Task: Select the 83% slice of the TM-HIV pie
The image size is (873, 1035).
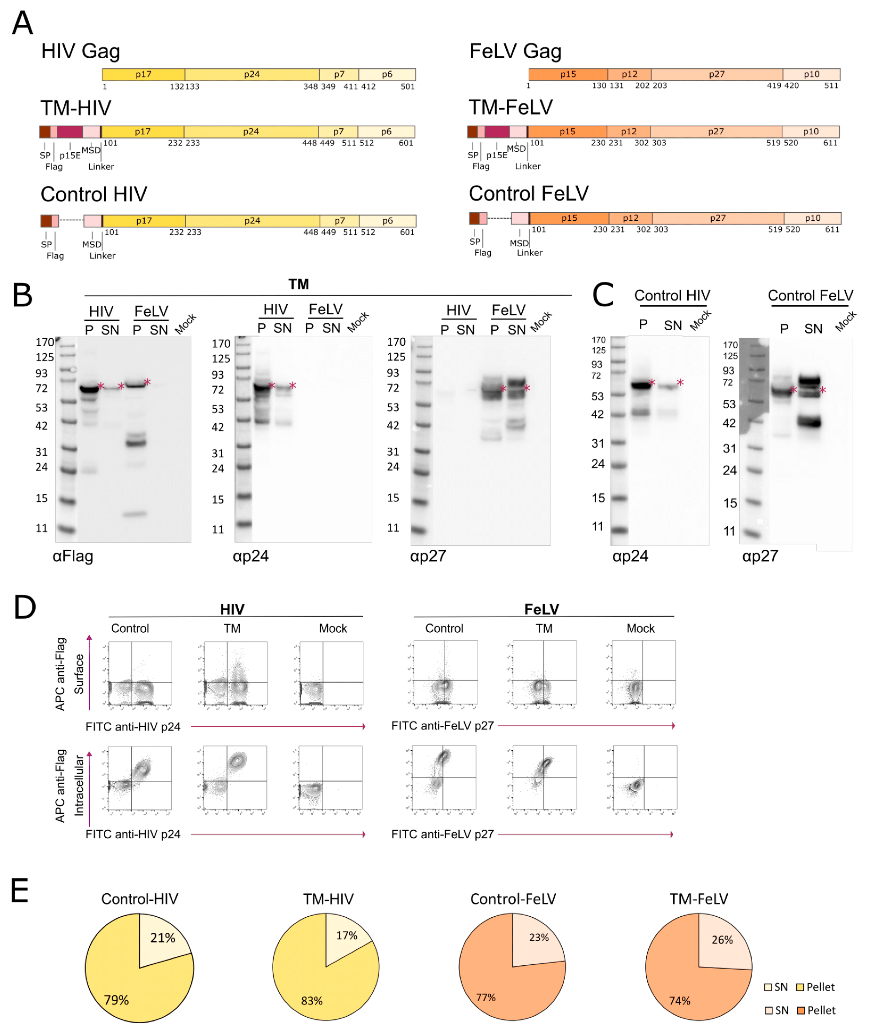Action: (x=317, y=985)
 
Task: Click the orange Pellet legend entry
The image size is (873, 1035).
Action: (x=817, y=1010)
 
